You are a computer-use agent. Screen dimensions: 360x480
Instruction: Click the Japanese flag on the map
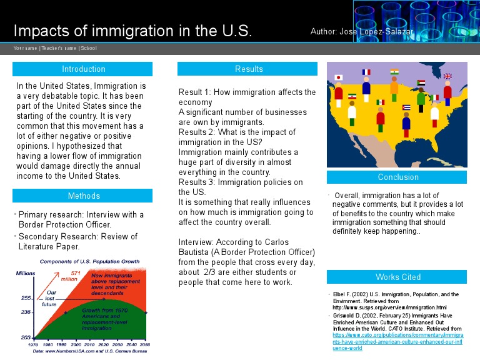tap(339, 77)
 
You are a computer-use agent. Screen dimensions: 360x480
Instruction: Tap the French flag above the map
tap(366, 72)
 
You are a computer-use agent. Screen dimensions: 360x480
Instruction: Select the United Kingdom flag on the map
tap(447, 76)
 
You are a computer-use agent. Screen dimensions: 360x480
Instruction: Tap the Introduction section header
tap(83, 69)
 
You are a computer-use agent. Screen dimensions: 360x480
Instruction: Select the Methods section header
tap(83, 196)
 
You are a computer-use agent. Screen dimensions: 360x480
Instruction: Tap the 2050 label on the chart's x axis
tap(144, 344)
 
